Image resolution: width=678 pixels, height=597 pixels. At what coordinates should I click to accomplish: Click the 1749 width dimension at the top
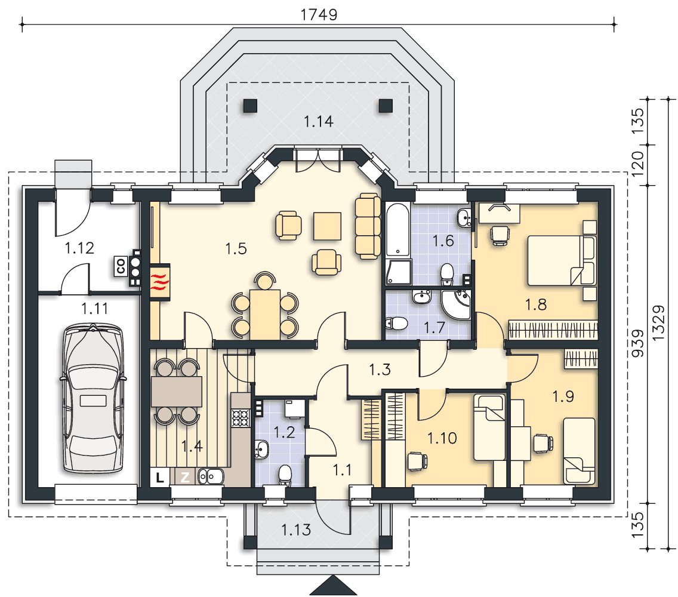point(319,14)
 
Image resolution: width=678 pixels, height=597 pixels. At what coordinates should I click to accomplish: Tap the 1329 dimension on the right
point(658,323)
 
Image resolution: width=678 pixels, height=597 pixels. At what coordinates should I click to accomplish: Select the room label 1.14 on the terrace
point(319,122)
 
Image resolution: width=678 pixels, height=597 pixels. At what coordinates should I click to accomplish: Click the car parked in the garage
point(93,398)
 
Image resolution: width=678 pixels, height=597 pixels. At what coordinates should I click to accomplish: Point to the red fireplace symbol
point(160,282)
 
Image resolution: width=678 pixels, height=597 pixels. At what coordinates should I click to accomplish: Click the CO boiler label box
point(121,266)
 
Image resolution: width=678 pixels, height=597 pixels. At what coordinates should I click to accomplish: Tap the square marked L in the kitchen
point(160,478)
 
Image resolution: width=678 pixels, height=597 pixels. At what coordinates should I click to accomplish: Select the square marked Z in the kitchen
point(185,478)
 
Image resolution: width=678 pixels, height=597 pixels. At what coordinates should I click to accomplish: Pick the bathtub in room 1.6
point(397,230)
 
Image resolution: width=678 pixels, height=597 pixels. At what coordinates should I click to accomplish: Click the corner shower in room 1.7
point(456,304)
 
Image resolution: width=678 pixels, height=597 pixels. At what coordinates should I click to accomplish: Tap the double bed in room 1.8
point(562,260)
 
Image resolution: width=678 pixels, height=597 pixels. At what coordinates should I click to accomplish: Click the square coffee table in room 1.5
point(327,226)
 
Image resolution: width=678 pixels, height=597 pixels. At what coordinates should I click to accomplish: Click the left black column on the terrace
point(250,106)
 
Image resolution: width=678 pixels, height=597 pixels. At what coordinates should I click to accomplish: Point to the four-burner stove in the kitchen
point(241,418)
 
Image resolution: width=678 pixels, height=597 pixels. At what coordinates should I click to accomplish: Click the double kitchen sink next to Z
point(211,477)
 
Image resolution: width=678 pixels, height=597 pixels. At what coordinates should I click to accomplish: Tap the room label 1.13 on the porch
point(296,530)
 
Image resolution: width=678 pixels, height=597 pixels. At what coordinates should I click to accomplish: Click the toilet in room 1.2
point(285,475)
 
